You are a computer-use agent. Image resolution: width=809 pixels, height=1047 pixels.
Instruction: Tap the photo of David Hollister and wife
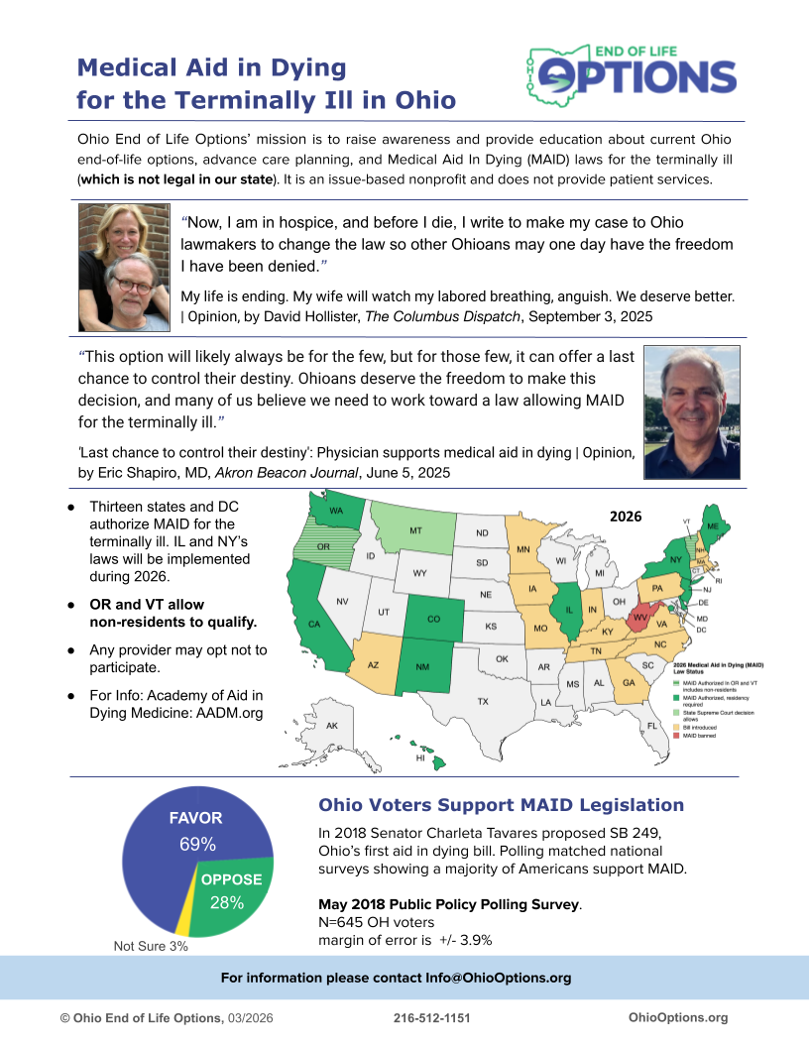(x=124, y=268)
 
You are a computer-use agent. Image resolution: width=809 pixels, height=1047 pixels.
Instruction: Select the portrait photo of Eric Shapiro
(x=691, y=412)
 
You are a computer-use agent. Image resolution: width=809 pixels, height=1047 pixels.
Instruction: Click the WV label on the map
(x=640, y=616)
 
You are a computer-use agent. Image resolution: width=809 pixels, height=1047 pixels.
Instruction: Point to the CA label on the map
(x=314, y=625)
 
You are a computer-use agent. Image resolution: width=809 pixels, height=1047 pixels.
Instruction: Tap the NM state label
(x=423, y=666)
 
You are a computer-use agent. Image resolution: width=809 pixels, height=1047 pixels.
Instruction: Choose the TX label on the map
(x=483, y=701)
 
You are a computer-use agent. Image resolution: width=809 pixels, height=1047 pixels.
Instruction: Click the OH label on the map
(x=619, y=601)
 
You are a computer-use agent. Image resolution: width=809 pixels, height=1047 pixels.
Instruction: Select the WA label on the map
(x=336, y=511)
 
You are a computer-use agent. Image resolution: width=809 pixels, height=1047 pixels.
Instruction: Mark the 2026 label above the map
(x=626, y=517)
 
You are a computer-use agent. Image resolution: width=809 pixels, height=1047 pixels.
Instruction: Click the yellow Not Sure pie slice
(x=182, y=919)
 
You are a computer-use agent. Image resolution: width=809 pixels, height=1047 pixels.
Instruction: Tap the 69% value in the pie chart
(x=197, y=845)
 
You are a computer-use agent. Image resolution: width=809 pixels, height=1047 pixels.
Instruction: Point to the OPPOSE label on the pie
(x=231, y=879)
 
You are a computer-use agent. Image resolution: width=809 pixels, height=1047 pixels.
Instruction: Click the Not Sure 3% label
(x=151, y=946)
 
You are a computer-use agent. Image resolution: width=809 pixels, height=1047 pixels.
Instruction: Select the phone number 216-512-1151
(x=432, y=1017)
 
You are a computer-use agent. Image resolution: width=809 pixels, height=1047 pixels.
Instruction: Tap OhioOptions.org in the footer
(x=678, y=1017)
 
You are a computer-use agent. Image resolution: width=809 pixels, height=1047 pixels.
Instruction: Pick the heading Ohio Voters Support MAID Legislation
(x=501, y=805)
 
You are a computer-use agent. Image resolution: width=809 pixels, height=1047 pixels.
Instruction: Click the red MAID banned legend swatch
(x=676, y=736)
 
